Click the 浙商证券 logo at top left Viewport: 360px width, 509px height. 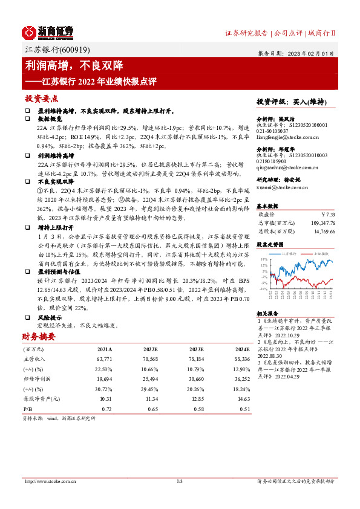[47, 31]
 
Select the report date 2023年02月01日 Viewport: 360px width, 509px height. [312, 53]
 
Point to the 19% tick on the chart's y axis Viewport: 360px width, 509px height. [264, 259]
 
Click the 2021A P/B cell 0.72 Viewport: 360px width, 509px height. [106, 409]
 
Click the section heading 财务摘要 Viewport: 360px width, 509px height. [39, 336]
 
